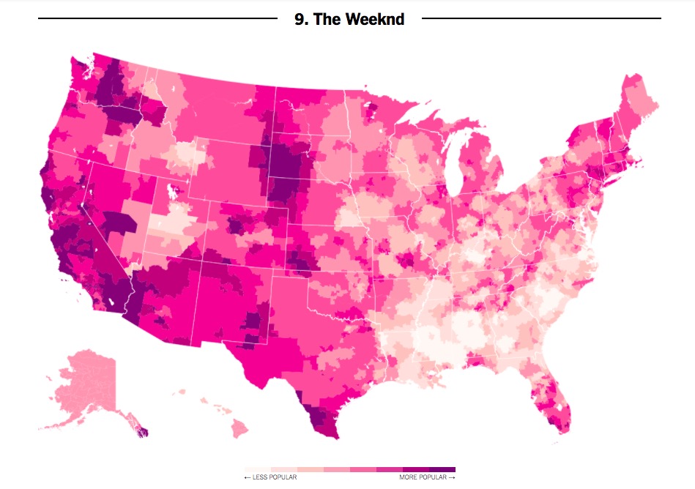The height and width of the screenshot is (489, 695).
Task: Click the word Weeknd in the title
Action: [x=379, y=19]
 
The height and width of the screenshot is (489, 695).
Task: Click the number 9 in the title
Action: [x=300, y=19]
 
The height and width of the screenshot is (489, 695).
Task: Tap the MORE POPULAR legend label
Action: [x=424, y=477]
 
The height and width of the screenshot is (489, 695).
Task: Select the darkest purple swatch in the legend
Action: [x=442, y=469]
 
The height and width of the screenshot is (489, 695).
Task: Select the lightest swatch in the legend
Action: [x=258, y=469]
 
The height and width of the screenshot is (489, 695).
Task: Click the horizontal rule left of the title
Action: [x=157, y=18]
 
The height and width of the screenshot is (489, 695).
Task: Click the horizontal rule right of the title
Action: [x=542, y=18]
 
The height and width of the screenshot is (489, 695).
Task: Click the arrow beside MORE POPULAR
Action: [x=453, y=477]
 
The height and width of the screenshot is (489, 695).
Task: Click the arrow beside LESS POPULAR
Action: [x=248, y=477]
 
